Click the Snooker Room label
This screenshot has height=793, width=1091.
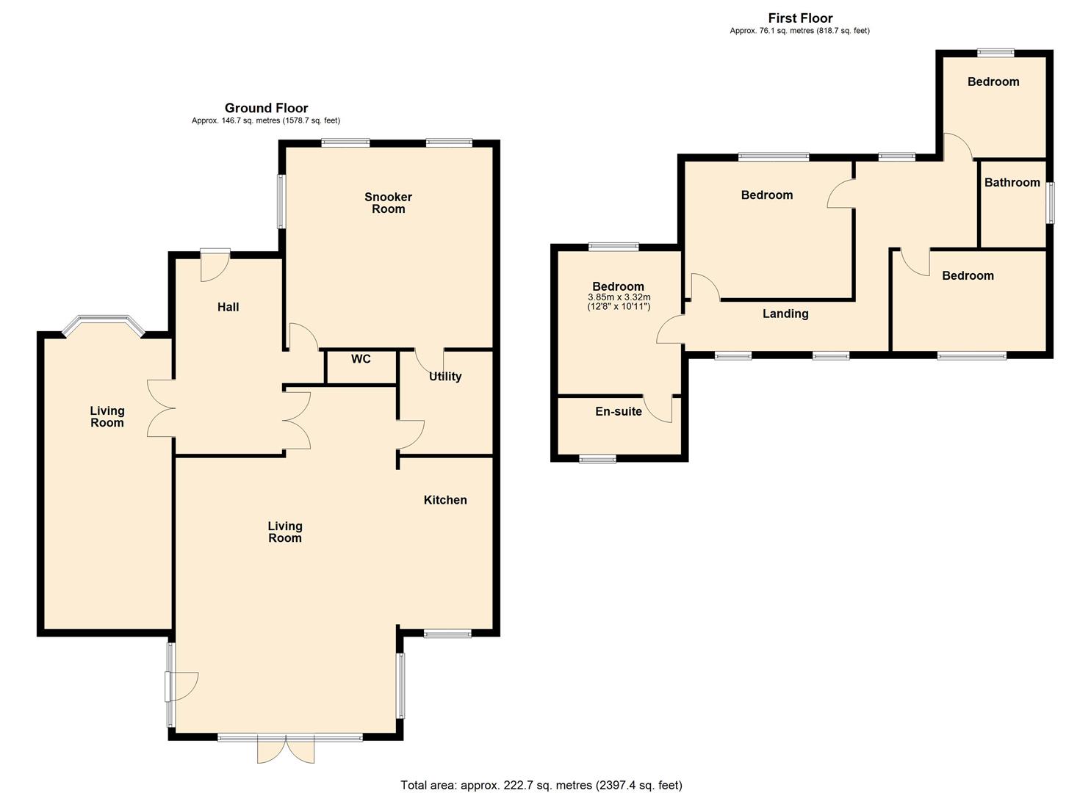[x=388, y=203]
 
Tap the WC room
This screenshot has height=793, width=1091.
[x=361, y=368]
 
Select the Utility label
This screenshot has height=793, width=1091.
[x=445, y=376]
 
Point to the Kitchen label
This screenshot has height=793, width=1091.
[x=445, y=500]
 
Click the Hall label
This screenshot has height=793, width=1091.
[x=228, y=307]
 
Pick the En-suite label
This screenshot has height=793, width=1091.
[x=619, y=411]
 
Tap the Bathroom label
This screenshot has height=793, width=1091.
[x=1012, y=183]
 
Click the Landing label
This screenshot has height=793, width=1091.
[x=785, y=314]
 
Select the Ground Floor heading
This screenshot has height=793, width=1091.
[x=266, y=108]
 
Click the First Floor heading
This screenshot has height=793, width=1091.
[x=800, y=18]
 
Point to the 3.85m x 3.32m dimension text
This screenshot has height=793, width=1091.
[x=619, y=297]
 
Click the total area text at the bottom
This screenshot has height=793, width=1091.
[x=541, y=785]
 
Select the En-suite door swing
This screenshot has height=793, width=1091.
[x=658, y=408]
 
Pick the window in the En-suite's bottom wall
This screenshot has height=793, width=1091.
[x=597, y=458]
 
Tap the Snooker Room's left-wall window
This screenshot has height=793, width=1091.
[x=281, y=201]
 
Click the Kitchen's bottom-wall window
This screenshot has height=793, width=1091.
[x=447, y=634]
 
